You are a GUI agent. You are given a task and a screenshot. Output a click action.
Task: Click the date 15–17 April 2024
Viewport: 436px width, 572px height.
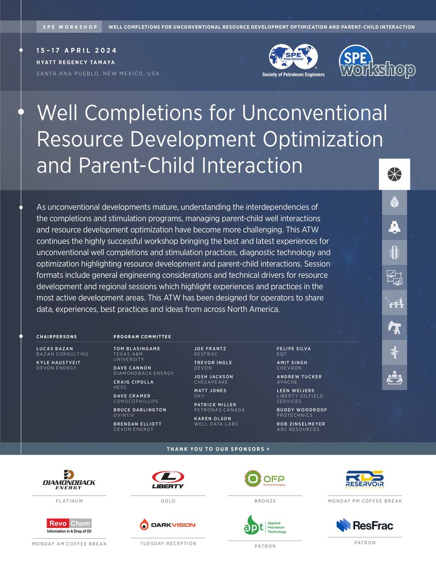76,51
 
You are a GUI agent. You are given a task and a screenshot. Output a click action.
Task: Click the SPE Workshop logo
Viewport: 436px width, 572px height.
377,61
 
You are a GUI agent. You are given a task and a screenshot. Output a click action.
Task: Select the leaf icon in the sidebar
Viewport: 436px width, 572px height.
394,202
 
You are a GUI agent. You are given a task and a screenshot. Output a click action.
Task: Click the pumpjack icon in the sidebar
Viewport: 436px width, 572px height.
394,328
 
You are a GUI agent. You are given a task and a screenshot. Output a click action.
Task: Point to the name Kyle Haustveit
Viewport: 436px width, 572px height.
59,362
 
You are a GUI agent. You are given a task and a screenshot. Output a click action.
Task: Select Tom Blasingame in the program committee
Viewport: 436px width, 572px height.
137,348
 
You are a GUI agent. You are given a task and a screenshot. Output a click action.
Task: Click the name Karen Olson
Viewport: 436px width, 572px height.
213,419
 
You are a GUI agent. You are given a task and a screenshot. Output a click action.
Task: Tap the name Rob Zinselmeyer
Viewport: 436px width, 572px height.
301,424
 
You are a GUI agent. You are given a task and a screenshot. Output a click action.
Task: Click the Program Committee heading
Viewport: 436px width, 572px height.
142,336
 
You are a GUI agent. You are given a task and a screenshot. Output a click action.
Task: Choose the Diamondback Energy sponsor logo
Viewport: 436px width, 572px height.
69,480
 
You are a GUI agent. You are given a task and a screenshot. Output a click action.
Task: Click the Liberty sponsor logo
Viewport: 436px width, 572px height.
168,480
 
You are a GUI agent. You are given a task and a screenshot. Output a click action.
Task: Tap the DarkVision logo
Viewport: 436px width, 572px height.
168,525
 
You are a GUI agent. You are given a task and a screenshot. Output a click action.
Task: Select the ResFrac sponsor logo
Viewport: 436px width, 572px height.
365,525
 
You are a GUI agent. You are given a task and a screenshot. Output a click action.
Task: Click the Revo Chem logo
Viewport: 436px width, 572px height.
69,526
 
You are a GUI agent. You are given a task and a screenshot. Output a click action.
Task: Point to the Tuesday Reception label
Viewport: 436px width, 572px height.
168,543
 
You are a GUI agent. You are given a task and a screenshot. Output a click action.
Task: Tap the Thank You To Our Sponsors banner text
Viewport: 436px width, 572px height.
218,449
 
